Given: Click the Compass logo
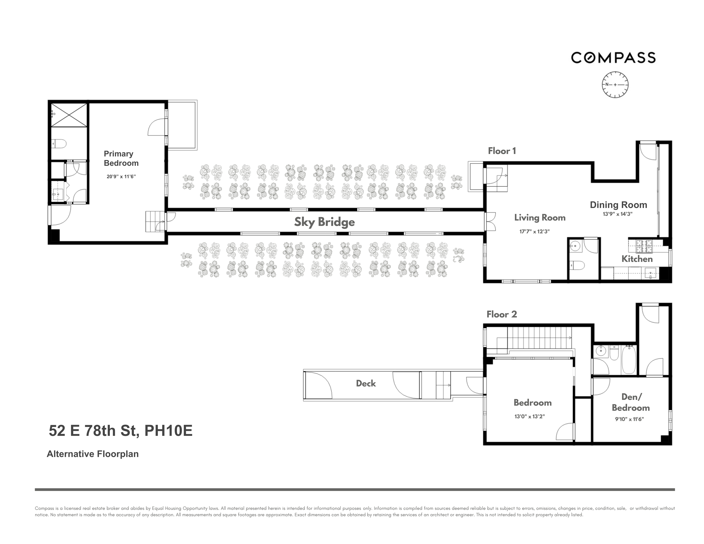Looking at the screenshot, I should [613, 58].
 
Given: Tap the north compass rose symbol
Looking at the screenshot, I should [615, 85].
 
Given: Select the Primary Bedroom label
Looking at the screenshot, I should [121, 158].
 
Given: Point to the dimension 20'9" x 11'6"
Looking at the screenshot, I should [121, 177].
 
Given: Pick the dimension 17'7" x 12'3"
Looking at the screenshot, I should [534, 231].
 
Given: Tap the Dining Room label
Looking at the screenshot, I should [618, 205].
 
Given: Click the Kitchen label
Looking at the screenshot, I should [637, 259].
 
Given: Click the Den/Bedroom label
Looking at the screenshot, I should [631, 402].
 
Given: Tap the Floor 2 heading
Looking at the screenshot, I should [502, 314].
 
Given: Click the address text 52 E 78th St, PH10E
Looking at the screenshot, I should [121, 431].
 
